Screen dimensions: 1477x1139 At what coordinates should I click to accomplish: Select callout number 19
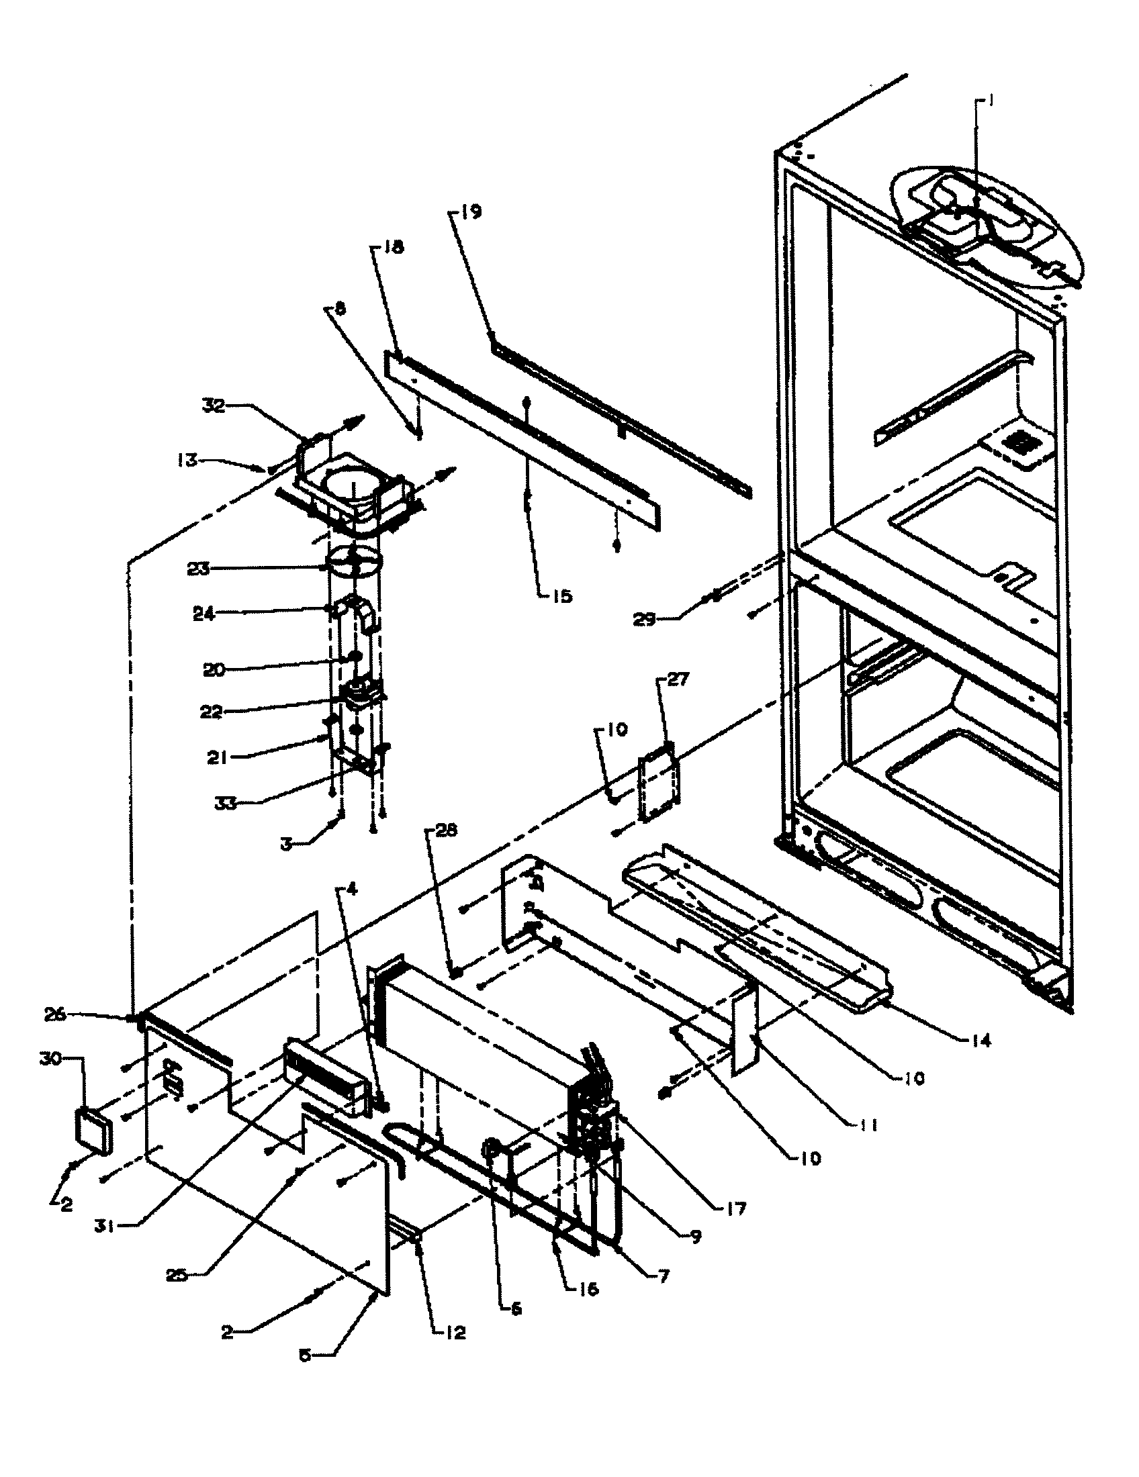click(471, 212)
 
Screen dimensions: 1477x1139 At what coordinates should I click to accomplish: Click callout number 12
click(455, 1332)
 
